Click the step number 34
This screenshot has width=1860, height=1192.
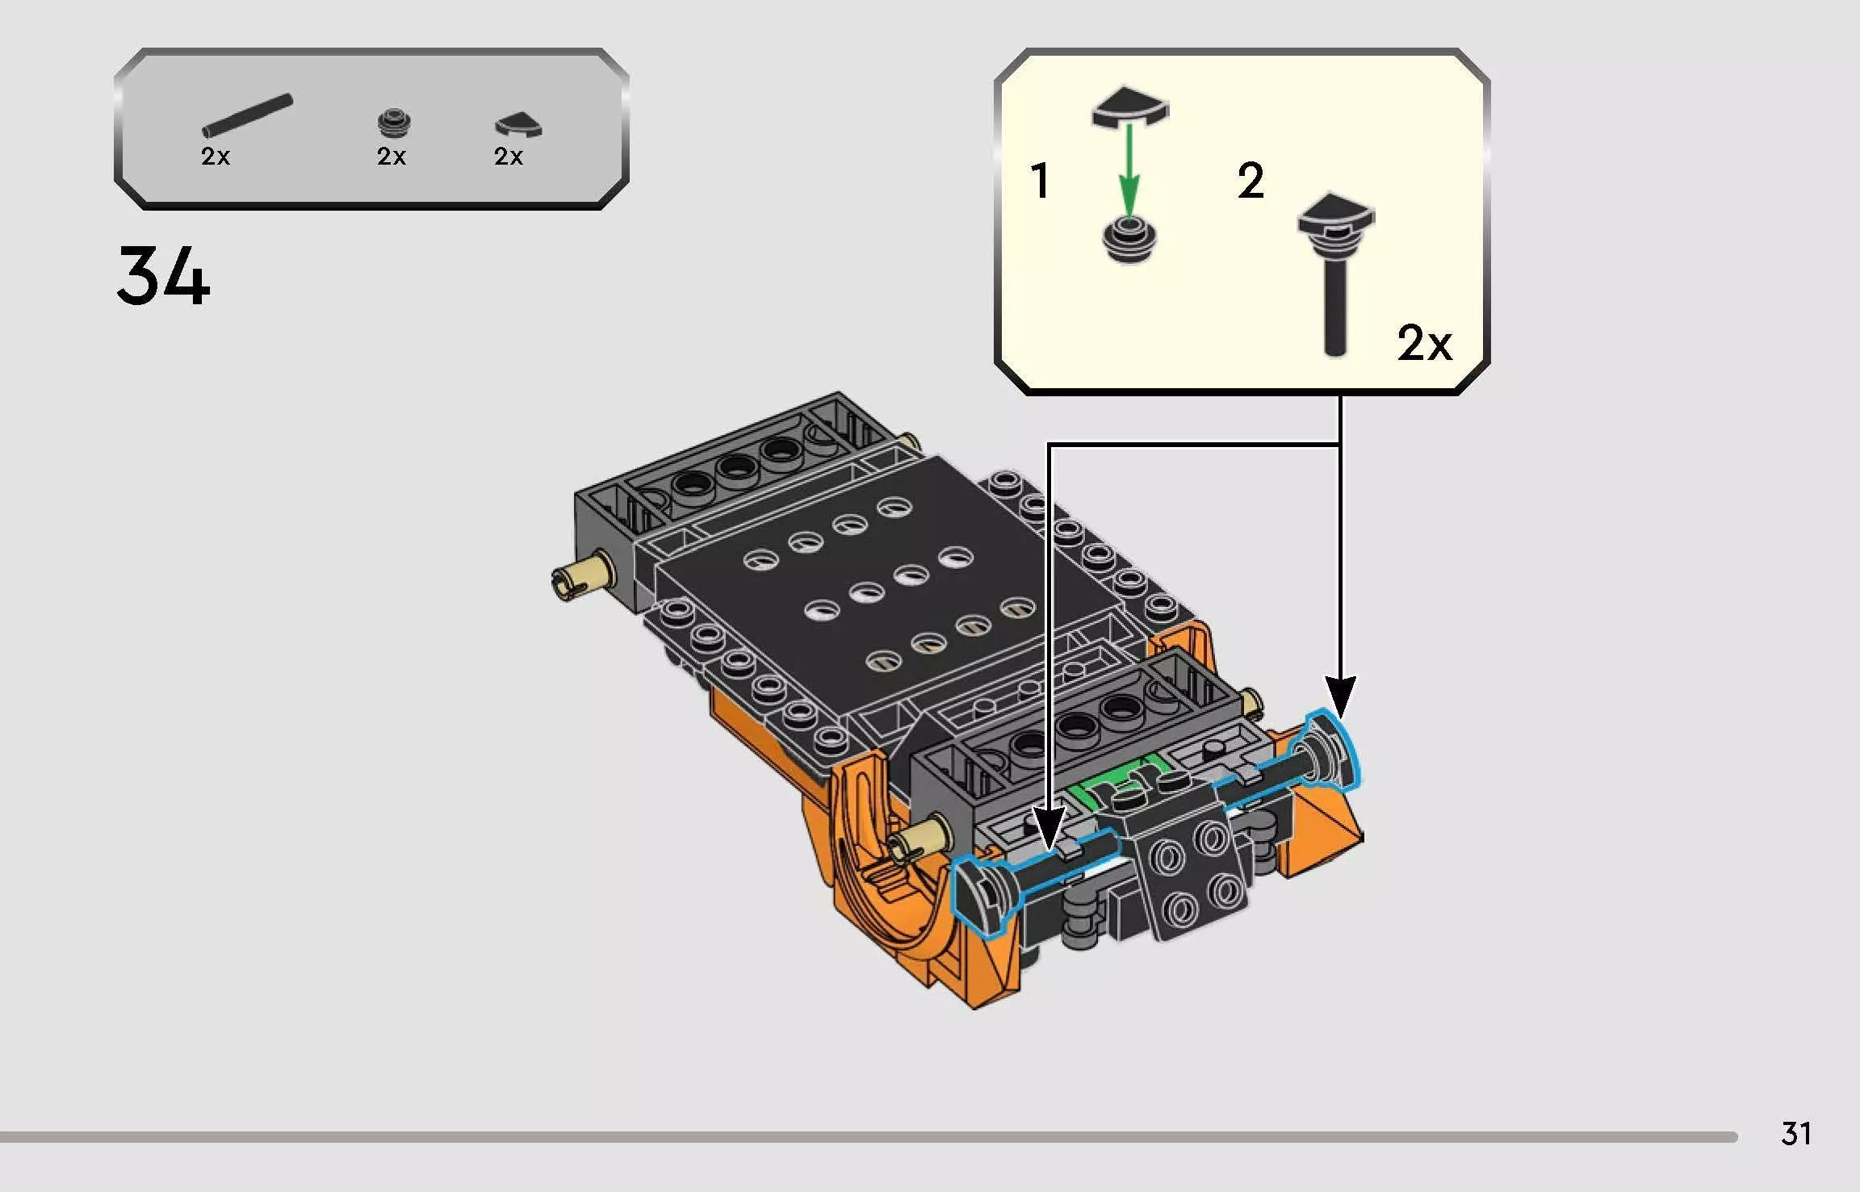click(162, 276)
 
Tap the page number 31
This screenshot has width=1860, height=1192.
click(1796, 1133)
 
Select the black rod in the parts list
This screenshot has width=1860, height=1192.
click(247, 116)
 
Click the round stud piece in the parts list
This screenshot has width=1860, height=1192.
click(394, 123)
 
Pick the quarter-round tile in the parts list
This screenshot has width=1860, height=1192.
click(517, 125)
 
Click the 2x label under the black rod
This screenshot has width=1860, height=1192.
click(216, 157)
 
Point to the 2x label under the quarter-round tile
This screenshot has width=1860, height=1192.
click(509, 157)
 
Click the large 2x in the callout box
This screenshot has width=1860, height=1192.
click(1424, 343)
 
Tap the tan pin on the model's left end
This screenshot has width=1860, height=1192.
click(583, 575)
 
